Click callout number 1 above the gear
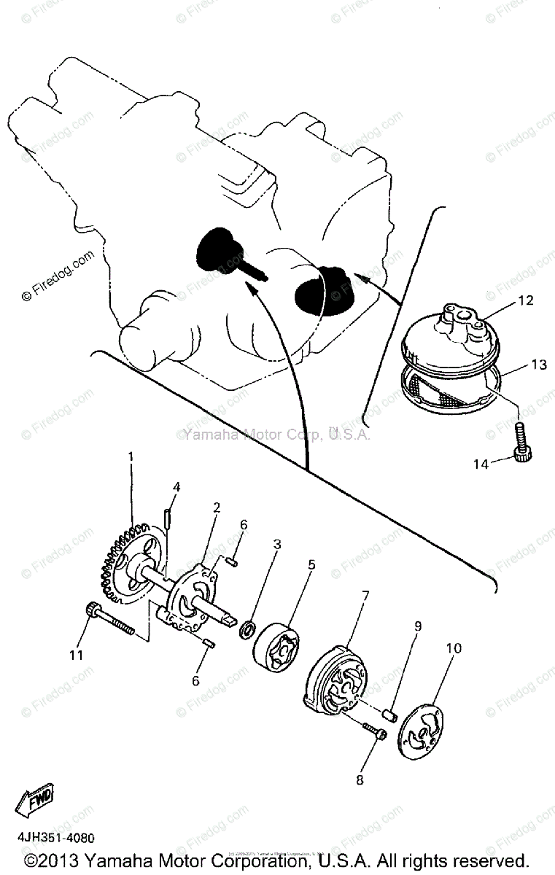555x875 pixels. [x=131, y=457]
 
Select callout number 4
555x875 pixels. [x=176, y=487]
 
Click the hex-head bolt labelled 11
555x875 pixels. [x=109, y=621]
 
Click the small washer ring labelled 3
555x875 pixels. [x=247, y=626]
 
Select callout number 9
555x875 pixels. [x=418, y=626]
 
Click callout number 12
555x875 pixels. [x=527, y=300]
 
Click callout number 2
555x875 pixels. [x=216, y=507]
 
